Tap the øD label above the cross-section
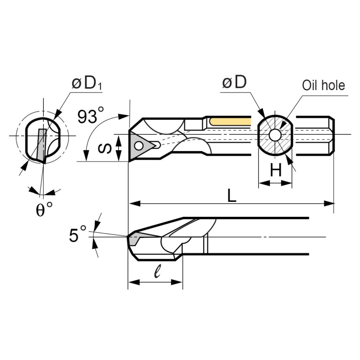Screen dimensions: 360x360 pyautogui.click(x=235, y=83)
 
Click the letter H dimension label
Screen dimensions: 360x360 pyautogui.click(x=276, y=171)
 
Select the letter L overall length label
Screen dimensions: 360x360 pyautogui.click(x=231, y=196)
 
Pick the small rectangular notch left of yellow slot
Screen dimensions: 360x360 pyautogui.click(x=193, y=124)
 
